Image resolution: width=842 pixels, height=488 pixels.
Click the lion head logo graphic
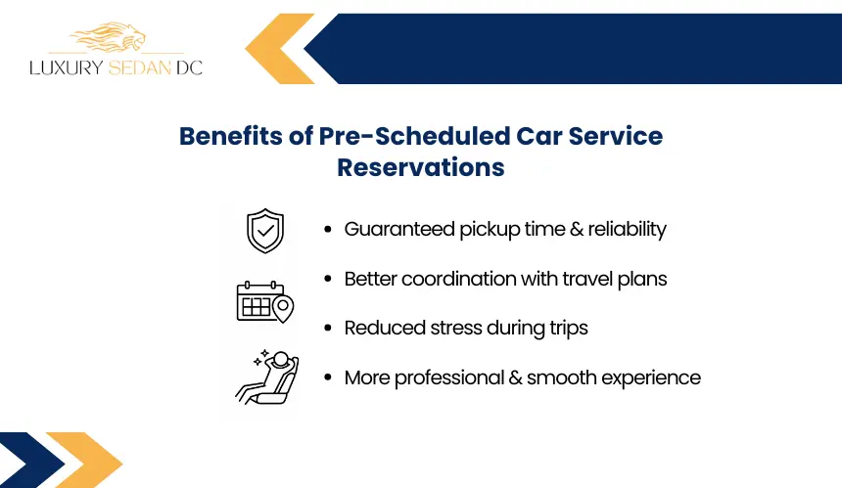(x=109, y=36)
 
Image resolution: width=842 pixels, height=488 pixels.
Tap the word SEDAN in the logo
(x=140, y=67)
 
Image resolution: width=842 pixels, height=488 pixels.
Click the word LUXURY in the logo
(x=66, y=67)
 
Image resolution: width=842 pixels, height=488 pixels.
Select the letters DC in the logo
(x=189, y=67)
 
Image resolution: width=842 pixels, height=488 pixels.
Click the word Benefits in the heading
(x=231, y=136)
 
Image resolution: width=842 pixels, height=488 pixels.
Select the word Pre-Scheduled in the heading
(x=414, y=136)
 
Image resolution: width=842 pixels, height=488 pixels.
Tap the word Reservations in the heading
(x=420, y=167)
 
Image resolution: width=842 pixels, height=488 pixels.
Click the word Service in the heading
(x=616, y=136)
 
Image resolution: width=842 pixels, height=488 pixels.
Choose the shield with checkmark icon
(x=265, y=231)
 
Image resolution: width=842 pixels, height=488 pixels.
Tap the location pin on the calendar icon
(x=283, y=308)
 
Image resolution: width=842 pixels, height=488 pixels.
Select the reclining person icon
(x=267, y=377)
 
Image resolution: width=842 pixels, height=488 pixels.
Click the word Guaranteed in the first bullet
(x=399, y=229)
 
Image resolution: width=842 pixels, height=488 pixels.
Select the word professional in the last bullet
(x=449, y=377)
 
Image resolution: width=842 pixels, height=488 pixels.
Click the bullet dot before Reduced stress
(x=328, y=328)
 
